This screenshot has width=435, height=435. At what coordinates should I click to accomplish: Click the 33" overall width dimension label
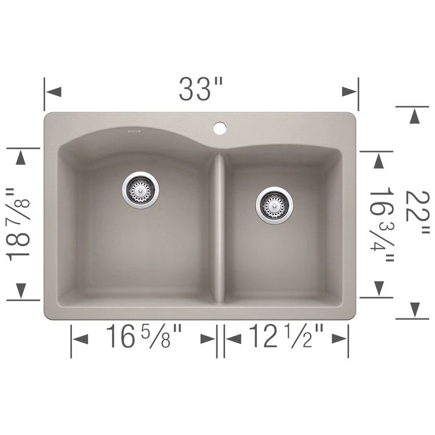click(201, 89)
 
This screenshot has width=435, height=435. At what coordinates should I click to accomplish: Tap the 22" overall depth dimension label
click(418, 212)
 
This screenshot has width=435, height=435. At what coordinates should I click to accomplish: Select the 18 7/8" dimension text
click(18, 224)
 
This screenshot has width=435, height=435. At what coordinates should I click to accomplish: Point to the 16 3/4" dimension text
click(382, 224)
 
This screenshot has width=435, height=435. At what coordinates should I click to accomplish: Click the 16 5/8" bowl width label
click(144, 336)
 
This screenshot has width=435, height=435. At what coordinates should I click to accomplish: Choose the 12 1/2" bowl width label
click(286, 336)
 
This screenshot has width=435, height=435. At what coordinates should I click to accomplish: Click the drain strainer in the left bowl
click(141, 190)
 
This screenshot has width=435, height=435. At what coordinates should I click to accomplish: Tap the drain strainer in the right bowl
click(274, 205)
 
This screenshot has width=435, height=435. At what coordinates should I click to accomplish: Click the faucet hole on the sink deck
click(220, 128)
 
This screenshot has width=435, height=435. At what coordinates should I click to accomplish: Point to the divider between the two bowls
click(219, 227)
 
